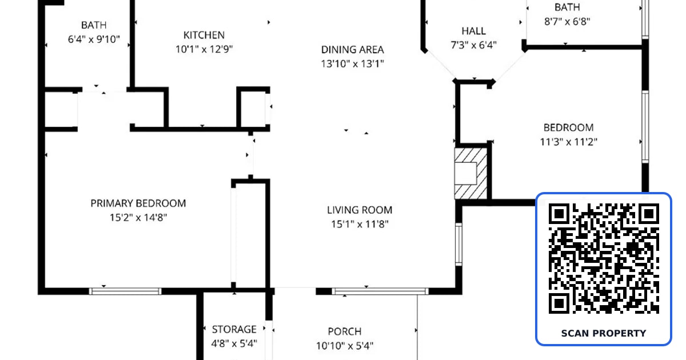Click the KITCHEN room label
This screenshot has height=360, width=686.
(x=204, y=35)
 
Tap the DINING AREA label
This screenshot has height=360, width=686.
(x=352, y=50)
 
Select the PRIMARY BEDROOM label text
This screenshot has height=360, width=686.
(x=138, y=203)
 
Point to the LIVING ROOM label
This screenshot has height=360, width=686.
(x=360, y=210)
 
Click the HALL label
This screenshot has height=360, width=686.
(x=473, y=31)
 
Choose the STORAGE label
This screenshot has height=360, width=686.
(x=234, y=329)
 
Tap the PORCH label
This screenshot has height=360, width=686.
(x=345, y=331)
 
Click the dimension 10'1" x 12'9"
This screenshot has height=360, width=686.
(x=204, y=49)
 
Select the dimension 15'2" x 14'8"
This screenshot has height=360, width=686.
(x=138, y=217)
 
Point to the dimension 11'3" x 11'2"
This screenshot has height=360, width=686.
(x=568, y=142)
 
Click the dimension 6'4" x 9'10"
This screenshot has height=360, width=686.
(x=94, y=39)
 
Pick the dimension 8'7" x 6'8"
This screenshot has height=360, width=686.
(x=567, y=22)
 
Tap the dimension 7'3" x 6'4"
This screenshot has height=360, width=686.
(x=473, y=45)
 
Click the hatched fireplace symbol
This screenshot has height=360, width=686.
(x=470, y=174)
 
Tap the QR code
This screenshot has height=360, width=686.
(x=604, y=259)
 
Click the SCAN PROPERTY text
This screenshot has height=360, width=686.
(x=604, y=333)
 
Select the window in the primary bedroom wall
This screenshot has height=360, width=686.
(x=125, y=291)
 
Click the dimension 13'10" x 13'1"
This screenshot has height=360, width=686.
(x=352, y=63)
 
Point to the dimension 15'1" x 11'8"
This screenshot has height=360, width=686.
(x=360, y=224)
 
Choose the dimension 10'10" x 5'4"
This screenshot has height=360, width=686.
(x=345, y=346)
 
